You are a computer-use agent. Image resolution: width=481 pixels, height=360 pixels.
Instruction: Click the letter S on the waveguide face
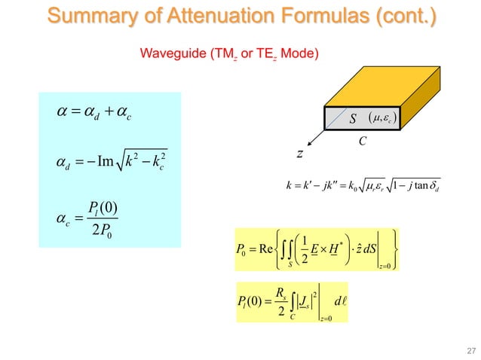(351, 118)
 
